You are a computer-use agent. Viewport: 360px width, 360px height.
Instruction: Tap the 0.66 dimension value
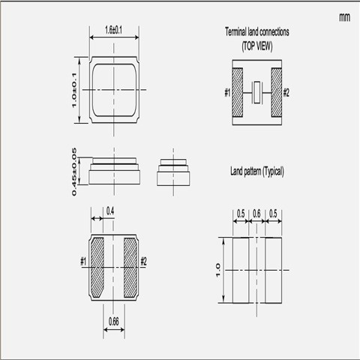click(x=113, y=322)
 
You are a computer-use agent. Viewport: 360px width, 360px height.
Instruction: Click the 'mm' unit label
click(x=343, y=16)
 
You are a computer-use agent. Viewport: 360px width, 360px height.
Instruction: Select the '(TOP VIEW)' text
click(x=256, y=45)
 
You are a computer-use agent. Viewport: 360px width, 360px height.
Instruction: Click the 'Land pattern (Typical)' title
click(x=256, y=172)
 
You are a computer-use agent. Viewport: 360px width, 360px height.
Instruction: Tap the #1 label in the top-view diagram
click(x=226, y=92)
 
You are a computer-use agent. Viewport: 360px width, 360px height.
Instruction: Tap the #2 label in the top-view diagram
click(x=287, y=92)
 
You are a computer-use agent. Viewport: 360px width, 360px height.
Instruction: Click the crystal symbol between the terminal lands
click(x=257, y=92)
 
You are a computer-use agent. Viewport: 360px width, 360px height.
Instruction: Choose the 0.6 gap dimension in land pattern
click(x=256, y=214)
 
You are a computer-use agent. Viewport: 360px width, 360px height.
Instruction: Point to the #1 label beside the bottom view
click(x=83, y=261)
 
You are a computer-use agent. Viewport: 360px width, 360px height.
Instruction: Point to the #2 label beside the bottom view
click(x=144, y=261)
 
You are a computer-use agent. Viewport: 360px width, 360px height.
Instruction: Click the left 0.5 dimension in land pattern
click(x=241, y=214)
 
